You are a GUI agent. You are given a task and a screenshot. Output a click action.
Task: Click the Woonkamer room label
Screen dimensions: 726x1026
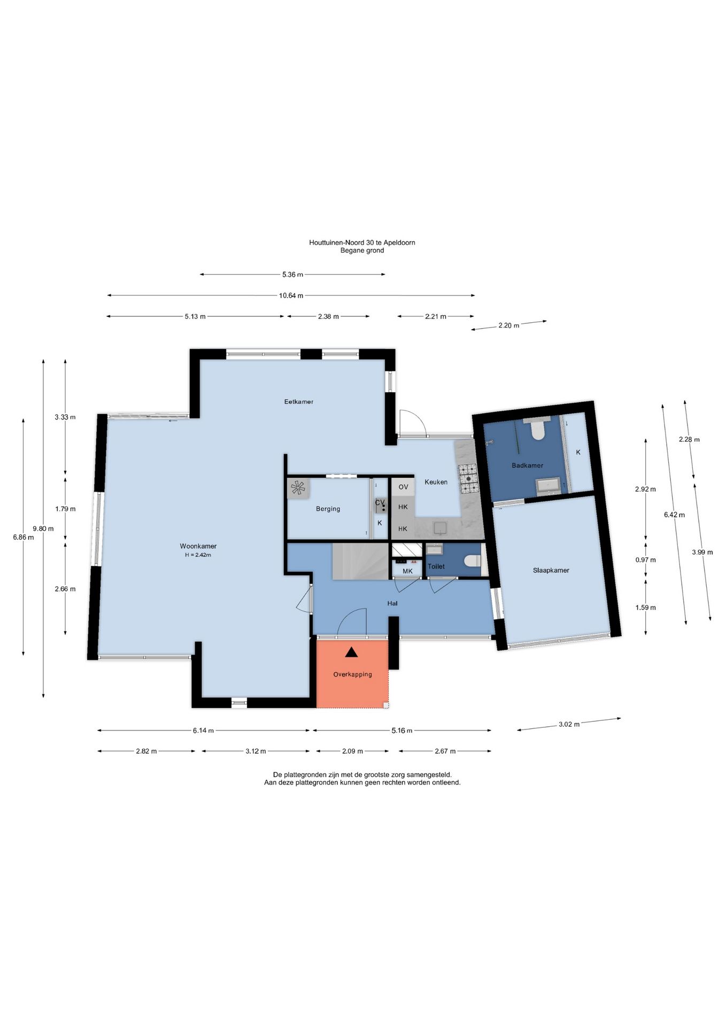198,546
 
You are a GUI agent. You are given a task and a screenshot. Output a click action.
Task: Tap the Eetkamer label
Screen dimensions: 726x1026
299,401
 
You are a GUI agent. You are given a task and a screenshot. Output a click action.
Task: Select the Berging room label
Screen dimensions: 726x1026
328,509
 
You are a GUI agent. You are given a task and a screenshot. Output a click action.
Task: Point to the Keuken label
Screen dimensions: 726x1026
436,482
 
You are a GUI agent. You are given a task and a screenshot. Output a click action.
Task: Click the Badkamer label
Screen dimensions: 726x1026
527,465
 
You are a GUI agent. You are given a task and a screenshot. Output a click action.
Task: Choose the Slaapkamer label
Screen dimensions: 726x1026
551,570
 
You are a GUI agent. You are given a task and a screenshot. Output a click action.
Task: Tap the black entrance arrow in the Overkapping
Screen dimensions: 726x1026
351,652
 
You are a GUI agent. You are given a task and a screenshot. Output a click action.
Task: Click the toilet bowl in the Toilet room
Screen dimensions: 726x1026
473,561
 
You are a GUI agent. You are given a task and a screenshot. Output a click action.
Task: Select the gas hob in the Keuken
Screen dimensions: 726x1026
467,478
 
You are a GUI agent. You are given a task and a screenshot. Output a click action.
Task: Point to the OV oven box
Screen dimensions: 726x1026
403,487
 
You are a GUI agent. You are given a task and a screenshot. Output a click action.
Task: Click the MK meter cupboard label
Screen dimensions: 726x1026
407,571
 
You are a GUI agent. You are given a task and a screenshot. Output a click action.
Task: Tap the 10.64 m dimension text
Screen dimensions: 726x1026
291,296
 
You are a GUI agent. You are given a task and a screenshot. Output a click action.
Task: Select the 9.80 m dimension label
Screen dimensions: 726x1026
43,528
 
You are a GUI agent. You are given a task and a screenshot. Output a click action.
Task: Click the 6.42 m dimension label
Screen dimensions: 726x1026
674,515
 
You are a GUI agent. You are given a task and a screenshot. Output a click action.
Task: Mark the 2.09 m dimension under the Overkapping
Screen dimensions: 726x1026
352,751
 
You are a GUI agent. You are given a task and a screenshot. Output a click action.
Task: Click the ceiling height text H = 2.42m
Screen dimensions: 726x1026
198,555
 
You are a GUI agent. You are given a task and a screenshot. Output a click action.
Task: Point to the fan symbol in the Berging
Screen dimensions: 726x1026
298,488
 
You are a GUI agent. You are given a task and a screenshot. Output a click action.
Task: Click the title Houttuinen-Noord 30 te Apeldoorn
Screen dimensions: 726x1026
362,242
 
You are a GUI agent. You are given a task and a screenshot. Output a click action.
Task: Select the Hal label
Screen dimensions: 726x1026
392,603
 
